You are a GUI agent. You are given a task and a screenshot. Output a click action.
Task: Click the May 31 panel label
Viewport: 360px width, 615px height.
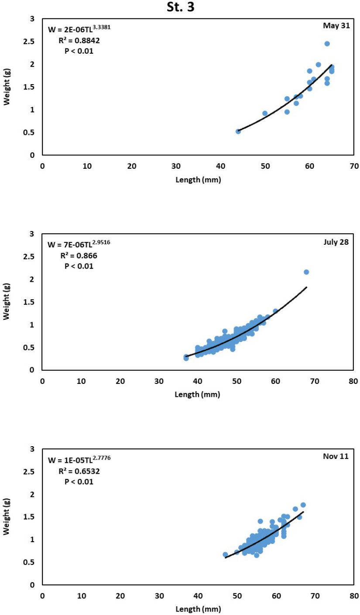click(336, 26)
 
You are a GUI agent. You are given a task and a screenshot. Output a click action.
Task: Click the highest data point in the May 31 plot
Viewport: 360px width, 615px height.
click(327, 44)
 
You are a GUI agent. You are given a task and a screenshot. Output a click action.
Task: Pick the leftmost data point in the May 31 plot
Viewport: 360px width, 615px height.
click(238, 131)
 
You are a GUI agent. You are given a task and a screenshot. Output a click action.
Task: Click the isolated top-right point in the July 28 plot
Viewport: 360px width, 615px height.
click(306, 272)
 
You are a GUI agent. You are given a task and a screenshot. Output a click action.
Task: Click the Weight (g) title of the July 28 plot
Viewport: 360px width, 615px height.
click(6, 302)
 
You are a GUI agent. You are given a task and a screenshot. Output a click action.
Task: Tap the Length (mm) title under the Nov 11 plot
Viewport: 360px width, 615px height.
click(198, 609)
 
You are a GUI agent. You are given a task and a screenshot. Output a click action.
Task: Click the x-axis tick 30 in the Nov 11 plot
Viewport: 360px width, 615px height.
click(159, 595)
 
